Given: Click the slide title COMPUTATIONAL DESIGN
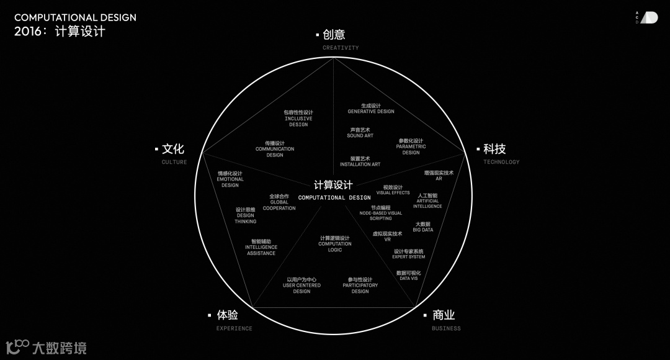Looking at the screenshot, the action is point(75,18).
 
